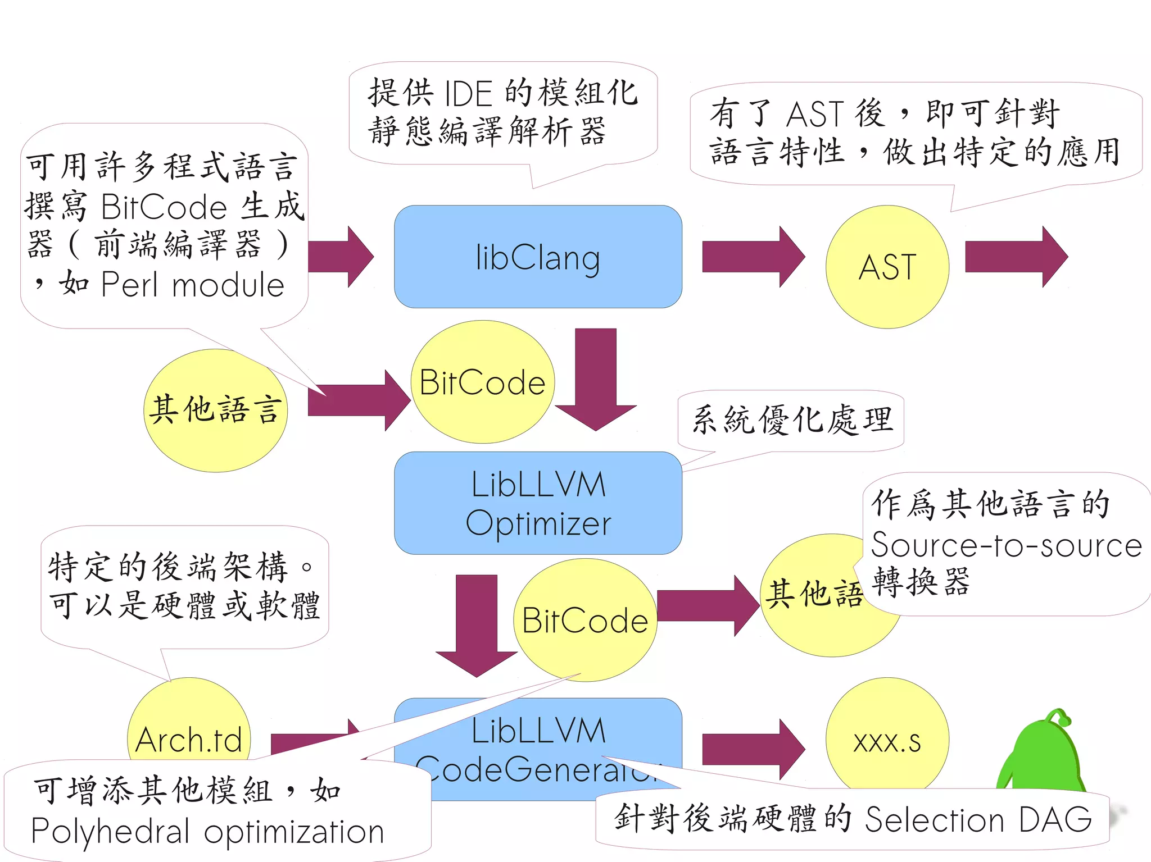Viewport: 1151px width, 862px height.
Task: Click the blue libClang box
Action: click(x=538, y=257)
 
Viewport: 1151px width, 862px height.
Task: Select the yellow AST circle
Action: click(x=887, y=266)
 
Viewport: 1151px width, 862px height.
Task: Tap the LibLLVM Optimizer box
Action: click(x=538, y=503)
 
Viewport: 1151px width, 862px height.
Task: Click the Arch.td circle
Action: click(x=189, y=724)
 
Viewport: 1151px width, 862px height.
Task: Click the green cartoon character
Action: click(x=1043, y=752)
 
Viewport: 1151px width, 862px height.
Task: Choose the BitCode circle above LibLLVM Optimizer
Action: click(x=482, y=382)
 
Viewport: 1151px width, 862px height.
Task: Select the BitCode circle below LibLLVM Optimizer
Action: click(x=584, y=620)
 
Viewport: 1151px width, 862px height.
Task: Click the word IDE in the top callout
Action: click(x=468, y=93)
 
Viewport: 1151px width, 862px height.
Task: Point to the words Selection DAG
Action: click(x=978, y=820)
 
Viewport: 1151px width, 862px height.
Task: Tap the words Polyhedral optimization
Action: click(x=207, y=831)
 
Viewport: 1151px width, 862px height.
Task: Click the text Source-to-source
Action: click(x=1006, y=545)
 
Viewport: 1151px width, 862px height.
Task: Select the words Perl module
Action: click(x=192, y=285)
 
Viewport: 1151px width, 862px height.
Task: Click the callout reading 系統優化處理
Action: click(x=791, y=420)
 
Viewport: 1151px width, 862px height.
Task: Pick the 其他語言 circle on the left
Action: click(x=215, y=410)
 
